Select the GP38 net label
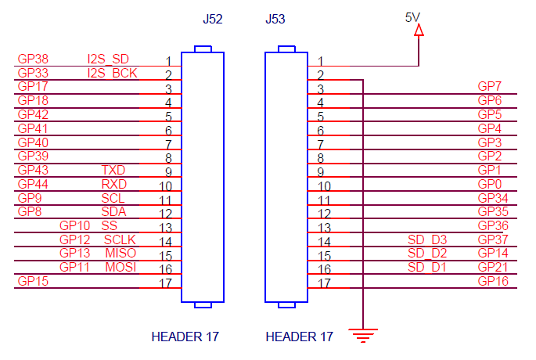tap(33, 59)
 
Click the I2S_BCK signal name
tap(113, 73)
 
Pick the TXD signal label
tap(113, 170)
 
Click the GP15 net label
tap(33, 281)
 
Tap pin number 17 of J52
tap(165, 283)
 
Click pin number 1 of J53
tap(320, 60)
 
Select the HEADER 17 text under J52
tap(185, 337)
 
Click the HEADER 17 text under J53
tap(300, 337)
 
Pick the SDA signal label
tap(113, 211)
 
